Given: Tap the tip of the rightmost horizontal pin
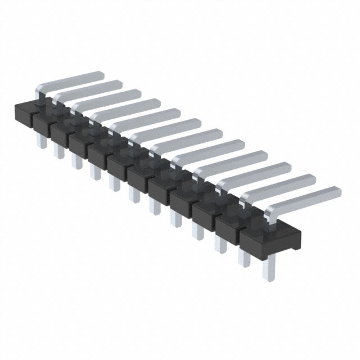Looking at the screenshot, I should click(x=337, y=191).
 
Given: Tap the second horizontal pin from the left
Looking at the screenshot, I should click(x=90, y=90).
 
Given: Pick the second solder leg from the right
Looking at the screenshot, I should click(x=245, y=259).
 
